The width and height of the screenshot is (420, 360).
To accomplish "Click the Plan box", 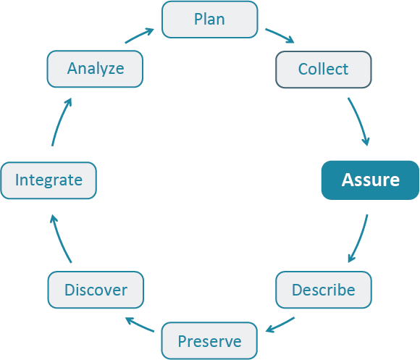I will [x=209, y=20].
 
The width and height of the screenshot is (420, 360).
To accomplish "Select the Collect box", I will [x=324, y=70].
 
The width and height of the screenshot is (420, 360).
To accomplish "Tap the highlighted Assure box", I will [x=370, y=180].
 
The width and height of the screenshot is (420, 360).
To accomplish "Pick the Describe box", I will [x=324, y=290].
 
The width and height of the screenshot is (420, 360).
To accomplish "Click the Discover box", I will [x=96, y=290].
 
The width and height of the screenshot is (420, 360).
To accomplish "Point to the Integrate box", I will [x=49, y=180].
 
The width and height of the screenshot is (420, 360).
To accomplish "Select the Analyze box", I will [x=96, y=70].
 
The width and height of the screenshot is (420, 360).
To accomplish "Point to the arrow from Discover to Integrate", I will [x=60, y=238].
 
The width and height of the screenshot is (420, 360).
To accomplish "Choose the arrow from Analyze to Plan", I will [x=139, y=35].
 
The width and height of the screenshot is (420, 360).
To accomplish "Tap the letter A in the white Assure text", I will [x=348, y=180].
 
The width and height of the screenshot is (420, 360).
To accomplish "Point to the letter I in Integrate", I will [x=17, y=180].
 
